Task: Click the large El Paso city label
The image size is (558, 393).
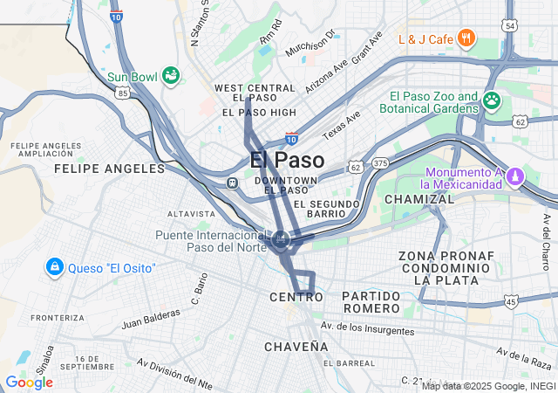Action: point(287,161)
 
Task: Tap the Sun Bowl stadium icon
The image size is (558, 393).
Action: point(171,76)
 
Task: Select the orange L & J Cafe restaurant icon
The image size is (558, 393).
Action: point(467,38)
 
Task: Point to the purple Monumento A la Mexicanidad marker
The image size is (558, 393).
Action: point(515,177)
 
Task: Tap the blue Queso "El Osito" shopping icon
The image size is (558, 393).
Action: point(54,266)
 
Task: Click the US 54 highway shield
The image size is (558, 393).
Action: point(511,25)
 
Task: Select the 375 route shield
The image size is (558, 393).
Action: point(380,163)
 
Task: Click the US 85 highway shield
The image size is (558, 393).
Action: point(123,92)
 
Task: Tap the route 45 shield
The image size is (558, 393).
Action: point(511,302)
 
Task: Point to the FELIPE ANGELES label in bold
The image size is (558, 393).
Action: point(98,168)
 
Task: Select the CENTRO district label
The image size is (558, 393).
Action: point(296,298)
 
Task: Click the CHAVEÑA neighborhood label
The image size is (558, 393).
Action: point(296,347)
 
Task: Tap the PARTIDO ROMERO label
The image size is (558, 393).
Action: point(371,302)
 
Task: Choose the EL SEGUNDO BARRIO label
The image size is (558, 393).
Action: point(327,209)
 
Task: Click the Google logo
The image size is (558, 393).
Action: point(29,383)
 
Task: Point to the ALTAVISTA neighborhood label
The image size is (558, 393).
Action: point(190,213)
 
